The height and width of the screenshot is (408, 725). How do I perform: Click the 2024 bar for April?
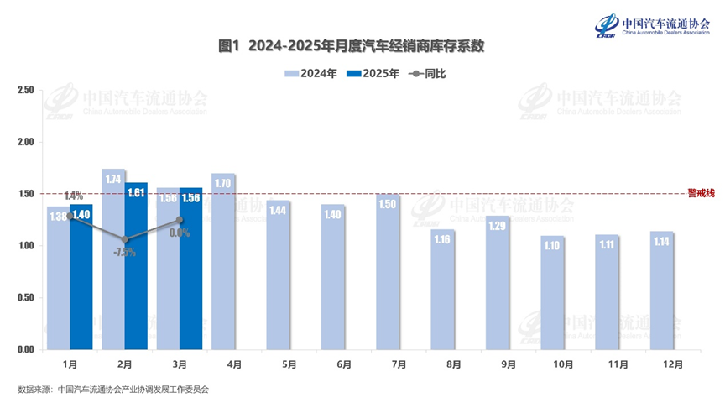[223, 262]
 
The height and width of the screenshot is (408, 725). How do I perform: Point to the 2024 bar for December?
[662, 290]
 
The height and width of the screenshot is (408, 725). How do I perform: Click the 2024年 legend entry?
[311, 74]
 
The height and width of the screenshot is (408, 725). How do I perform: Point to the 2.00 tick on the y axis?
[25, 142]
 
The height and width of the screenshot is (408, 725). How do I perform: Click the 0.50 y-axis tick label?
[25, 297]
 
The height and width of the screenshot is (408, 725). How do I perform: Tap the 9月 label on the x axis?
[498, 365]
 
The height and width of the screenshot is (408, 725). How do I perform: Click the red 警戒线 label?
[701, 193]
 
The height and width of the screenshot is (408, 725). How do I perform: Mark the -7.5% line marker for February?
[125, 239]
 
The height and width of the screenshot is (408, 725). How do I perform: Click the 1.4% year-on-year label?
[73, 196]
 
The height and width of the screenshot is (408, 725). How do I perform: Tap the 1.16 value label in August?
[443, 239]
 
